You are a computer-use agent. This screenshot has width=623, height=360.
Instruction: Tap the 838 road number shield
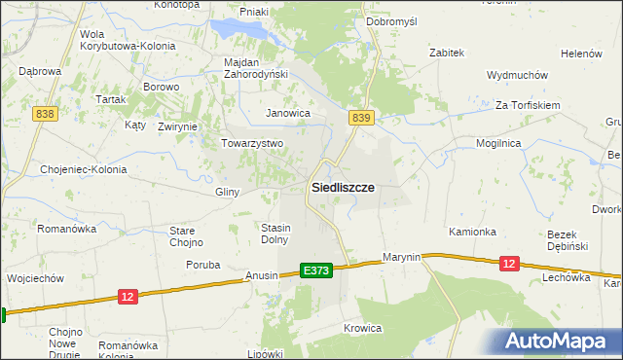click(x=43, y=114)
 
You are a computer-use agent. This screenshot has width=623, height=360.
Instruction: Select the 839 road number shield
click(x=361, y=118)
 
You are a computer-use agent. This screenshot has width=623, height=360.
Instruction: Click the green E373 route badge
click(x=316, y=270)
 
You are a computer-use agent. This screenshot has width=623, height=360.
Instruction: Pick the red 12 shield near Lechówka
click(x=508, y=264)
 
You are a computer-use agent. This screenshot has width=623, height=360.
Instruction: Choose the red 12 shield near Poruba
click(x=128, y=296)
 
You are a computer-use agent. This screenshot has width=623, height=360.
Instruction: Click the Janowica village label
click(x=288, y=113)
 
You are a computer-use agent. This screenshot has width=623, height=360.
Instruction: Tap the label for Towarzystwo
click(x=251, y=143)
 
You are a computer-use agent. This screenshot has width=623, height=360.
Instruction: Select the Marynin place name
click(x=401, y=257)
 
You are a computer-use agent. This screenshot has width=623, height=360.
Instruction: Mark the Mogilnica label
click(x=498, y=143)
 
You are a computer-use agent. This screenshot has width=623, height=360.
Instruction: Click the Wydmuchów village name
click(x=518, y=75)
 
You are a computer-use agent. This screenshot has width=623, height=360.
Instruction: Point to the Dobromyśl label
click(x=391, y=20)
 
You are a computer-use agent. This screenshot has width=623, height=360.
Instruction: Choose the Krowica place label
click(x=362, y=328)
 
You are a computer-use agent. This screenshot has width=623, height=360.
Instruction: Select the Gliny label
click(x=227, y=192)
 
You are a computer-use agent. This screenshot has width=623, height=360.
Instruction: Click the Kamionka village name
click(x=472, y=232)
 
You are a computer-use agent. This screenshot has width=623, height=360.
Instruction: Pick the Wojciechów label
click(x=35, y=277)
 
